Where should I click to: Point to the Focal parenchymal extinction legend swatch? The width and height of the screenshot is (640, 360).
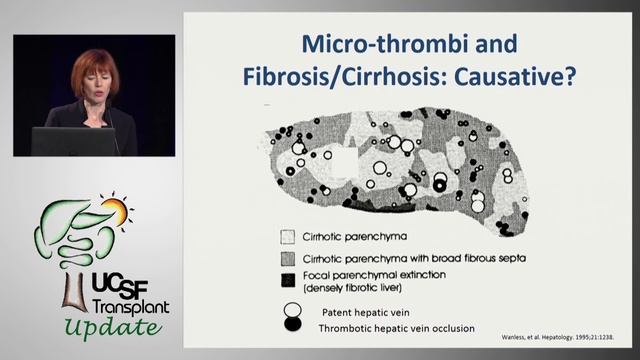coord(288,277)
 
